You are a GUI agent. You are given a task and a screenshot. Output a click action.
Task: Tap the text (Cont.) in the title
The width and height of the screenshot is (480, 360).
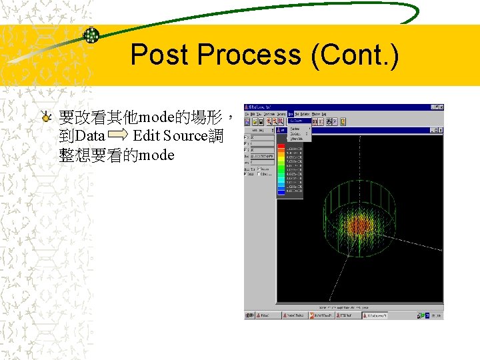(x=355, y=55)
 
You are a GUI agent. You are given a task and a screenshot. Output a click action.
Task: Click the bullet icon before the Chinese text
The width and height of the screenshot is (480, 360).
(x=45, y=118)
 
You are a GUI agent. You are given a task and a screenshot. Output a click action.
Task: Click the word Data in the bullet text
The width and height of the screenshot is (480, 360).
(x=91, y=137)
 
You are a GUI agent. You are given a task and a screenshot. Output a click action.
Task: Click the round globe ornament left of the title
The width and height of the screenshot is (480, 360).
(x=91, y=35)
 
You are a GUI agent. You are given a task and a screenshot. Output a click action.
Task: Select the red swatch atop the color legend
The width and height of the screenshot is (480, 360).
(x=281, y=148)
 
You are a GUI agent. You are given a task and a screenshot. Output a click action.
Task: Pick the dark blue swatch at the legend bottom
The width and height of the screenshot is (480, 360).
(x=281, y=191)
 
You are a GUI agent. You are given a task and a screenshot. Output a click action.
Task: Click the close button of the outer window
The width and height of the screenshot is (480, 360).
(x=440, y=107)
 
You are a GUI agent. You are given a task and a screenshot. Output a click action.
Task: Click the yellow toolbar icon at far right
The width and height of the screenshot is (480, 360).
(x=343, y=122)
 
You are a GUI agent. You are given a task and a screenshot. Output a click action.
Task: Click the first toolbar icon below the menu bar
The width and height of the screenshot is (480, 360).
(x=247, y=122)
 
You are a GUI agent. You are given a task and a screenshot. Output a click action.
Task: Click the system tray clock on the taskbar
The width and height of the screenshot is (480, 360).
(x=435, y=315)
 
